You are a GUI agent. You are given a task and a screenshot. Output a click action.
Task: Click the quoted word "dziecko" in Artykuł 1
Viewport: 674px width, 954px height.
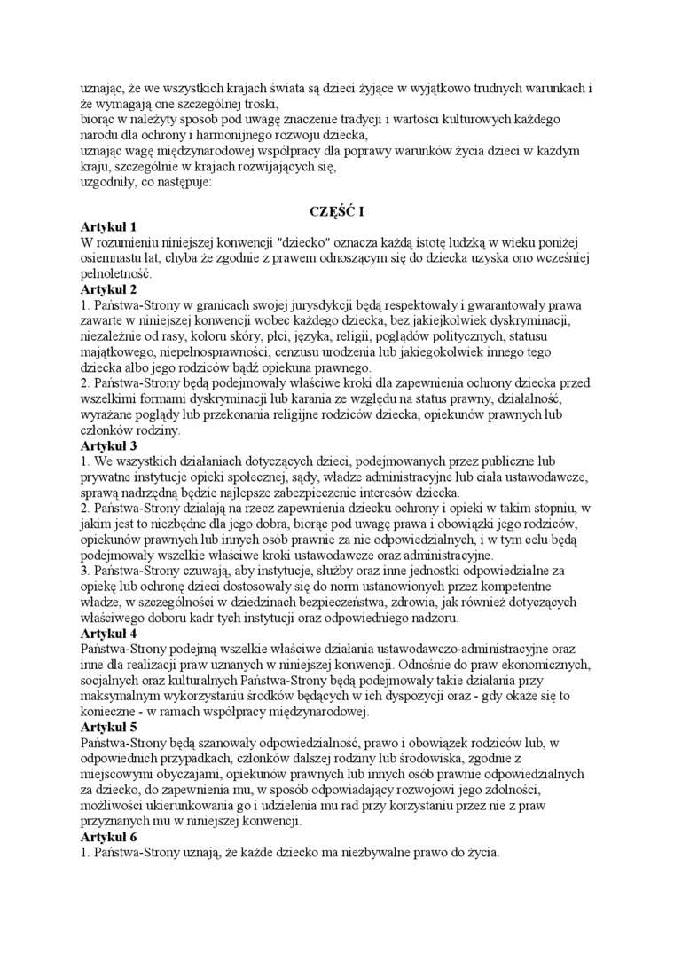tap(301, 242)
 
